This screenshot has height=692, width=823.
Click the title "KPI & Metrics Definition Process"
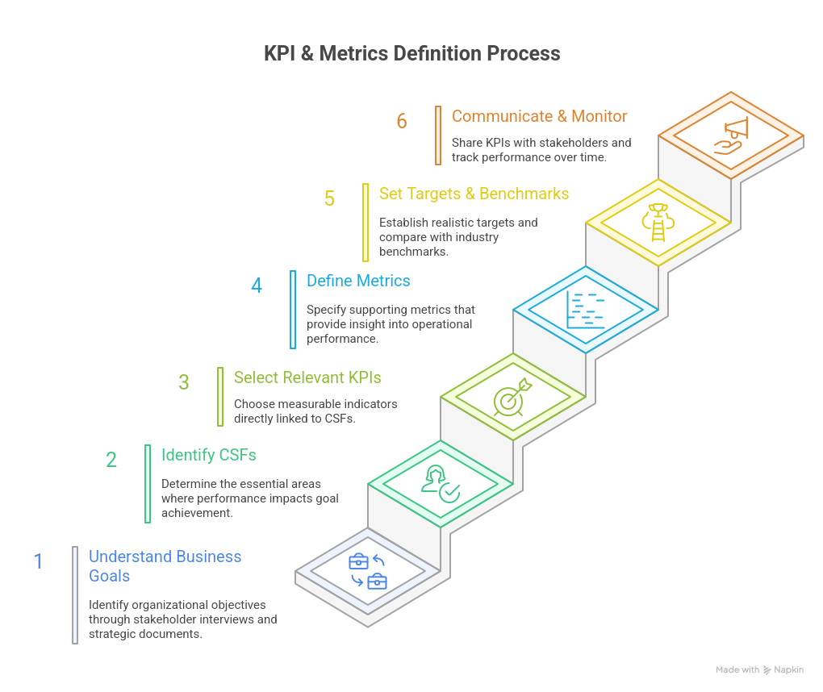(x=411, y=54)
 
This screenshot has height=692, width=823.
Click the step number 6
(x=402, y=121)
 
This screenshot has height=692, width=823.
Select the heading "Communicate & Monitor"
(x=539, y=116)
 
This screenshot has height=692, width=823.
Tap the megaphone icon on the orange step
(x=731, y=135)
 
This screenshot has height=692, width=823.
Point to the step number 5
(x=329, y=198)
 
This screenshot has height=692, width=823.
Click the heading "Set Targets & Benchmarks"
(x=474, y=194)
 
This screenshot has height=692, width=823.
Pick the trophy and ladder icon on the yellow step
(x=658, y=223)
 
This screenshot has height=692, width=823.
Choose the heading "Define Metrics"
(x=358, y=281)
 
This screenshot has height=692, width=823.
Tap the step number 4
(x=257, y=286)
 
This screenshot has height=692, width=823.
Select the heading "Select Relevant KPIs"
(x=307, y=377)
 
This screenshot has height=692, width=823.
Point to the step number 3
(x=184, y=382)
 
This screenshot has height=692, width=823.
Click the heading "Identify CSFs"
(x=209, y=455)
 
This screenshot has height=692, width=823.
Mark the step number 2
(x=111, y=460)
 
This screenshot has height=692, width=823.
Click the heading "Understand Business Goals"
(x=165, y=566)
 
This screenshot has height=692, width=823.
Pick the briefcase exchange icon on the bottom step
(x=368, y=571)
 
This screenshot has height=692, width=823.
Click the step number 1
(x=38, y=561)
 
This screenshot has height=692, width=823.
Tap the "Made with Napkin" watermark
(x=759, y=669)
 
